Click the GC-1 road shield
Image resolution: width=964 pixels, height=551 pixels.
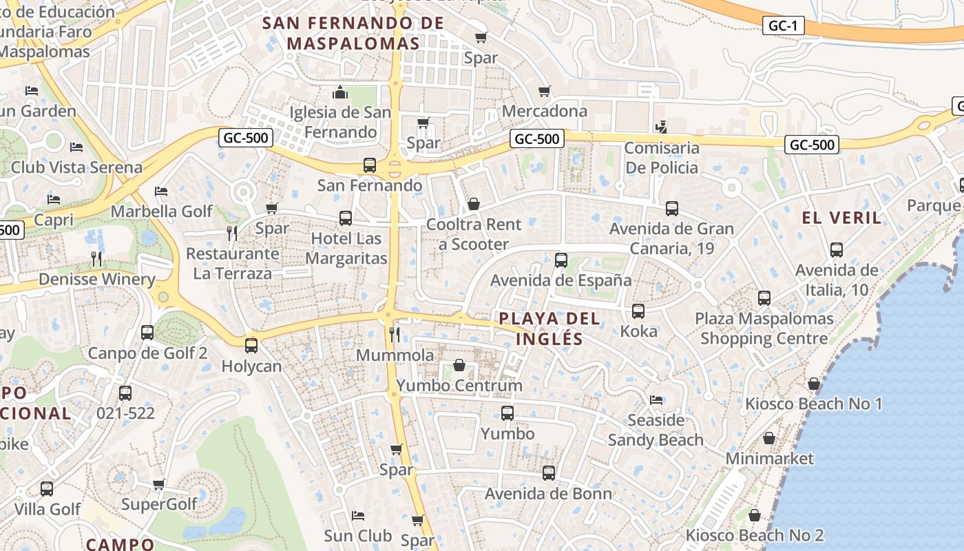(784, 26)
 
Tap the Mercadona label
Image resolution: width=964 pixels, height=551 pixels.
(545, 111)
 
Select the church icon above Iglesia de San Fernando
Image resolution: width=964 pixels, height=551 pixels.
(340, 92)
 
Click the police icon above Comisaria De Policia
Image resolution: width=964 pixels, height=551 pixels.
(662, 127)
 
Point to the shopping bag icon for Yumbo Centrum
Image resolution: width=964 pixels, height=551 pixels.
(459, 365)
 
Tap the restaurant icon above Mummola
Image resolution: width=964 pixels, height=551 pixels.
(395, 335)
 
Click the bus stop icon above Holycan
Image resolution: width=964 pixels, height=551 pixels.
(251, 346)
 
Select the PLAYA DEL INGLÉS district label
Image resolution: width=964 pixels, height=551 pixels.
(549, 329)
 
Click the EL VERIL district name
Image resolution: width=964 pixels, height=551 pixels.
(841, 218)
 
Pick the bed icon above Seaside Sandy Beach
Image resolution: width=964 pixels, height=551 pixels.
(656, 399)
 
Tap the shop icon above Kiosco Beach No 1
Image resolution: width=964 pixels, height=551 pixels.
(814, 384)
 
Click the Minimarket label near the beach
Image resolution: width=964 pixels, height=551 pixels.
(770, 459)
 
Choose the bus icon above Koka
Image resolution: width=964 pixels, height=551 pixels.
(638, 311)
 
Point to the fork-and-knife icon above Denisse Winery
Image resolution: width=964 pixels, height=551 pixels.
(96, 259)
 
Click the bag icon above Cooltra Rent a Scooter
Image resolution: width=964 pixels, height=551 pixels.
(474, 204)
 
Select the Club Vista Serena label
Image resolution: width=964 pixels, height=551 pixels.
(76, 167)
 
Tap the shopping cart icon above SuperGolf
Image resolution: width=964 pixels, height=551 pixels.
(159, 484)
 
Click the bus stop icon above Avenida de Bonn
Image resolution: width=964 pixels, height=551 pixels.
(548, 473)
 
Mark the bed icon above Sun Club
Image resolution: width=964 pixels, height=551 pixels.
(358, 515)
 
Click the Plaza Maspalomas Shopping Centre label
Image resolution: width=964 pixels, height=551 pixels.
(764, 329)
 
